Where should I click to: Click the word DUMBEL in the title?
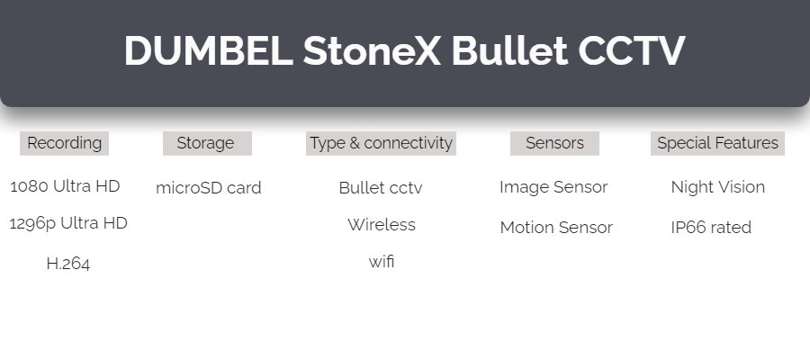(x=209, y=50)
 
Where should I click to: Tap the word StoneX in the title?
(x=372, y=50)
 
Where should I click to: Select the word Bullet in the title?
(x=509, y=50)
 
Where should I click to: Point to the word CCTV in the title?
(x=631, y=50)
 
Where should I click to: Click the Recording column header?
(x=64, y=143)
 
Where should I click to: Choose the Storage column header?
(x=207, y=143)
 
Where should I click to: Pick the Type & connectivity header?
(x=381, y=143)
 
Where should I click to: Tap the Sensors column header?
(x=554, y=143)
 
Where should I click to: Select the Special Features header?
(x=717, y=143)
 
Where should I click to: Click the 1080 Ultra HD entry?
(x=65, y=186)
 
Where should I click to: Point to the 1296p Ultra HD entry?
(x=68, y=223)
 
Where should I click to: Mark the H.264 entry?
(x=68, y=264)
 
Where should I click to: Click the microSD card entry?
(x=209, y=187)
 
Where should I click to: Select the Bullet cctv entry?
(x=381, y=187)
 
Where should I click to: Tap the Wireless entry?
(x=382, y=225)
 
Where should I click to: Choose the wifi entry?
(x=382, y=261)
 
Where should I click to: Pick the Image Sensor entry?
(x=553, y=187)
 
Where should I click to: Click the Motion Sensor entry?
(x=556, y=228)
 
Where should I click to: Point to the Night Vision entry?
(x=718, y=187)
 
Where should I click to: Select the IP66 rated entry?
(x=711, y=228)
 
